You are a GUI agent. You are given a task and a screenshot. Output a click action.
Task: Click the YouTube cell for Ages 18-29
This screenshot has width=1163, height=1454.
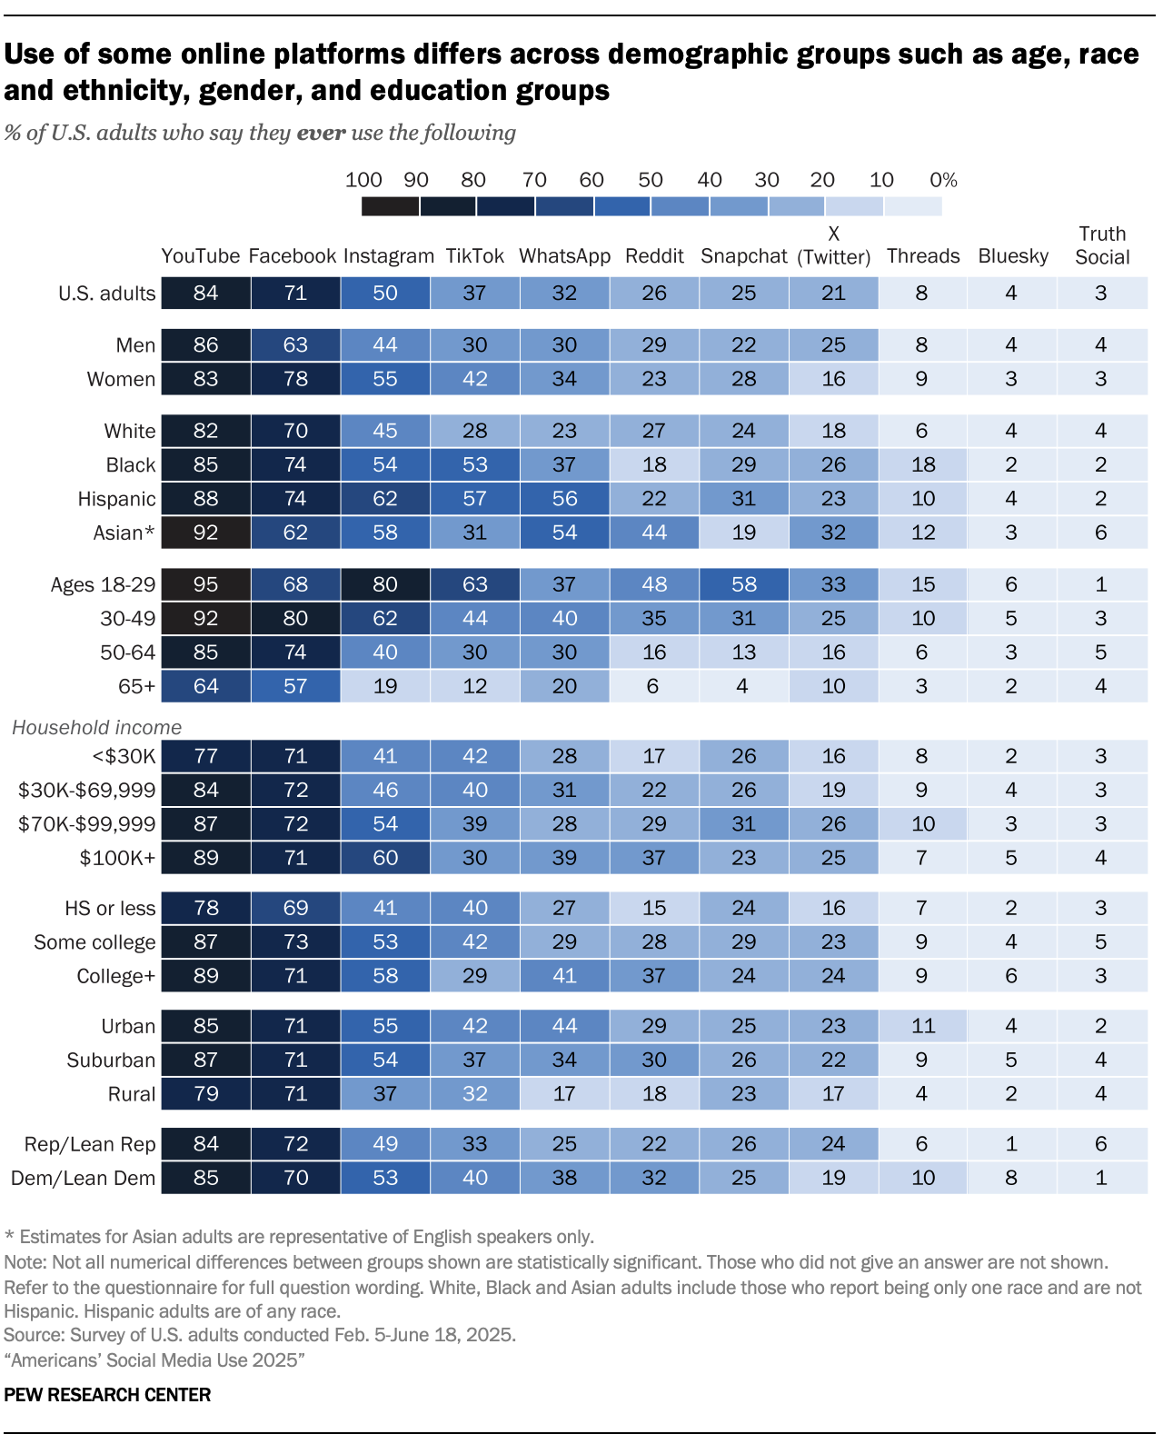tap(206, 584)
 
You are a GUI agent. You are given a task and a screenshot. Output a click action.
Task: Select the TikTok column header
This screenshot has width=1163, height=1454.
tap(474, 256)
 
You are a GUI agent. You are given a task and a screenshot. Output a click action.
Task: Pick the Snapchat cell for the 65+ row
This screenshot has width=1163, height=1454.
tap(743, 686)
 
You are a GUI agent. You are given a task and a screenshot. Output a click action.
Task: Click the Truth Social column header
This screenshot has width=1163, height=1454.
tap(1101, 245)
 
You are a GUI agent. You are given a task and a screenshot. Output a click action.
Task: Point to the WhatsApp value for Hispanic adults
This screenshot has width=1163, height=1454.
tap(564, 499)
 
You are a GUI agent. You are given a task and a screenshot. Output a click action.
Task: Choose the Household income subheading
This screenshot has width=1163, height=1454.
tap(96, 727)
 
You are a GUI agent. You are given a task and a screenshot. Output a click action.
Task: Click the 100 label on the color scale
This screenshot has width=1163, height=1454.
tap(363, 180)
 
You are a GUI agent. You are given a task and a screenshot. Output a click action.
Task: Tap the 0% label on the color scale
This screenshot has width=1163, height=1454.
tap(943, 180)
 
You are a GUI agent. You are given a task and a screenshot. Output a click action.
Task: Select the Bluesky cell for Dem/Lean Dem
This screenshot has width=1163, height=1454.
tap(1011, 1178)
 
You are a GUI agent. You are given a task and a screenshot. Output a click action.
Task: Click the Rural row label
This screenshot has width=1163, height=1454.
tap(132, 1094)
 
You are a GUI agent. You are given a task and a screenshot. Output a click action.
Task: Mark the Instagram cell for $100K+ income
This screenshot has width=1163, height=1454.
tap(385, 858)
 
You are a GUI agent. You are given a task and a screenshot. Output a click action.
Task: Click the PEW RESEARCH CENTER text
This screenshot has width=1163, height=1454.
tap(107, 1395)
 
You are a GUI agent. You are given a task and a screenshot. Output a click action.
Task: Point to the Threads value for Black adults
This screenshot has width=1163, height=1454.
tap(923, 464)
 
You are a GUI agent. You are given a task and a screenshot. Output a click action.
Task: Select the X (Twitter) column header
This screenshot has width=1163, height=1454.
tap(833, 245)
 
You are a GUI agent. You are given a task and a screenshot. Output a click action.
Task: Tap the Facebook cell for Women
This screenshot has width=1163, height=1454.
tap(295, 379)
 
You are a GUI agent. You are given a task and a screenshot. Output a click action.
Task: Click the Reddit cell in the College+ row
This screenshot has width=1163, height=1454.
tap(654, 976)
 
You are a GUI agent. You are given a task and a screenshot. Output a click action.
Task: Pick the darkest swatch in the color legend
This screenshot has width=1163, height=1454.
tap(390, 206)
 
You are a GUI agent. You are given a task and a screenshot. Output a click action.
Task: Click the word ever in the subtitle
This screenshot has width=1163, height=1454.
tap(321, 133)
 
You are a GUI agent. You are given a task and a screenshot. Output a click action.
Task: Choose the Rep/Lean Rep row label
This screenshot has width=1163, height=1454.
tap(90, 1144)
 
